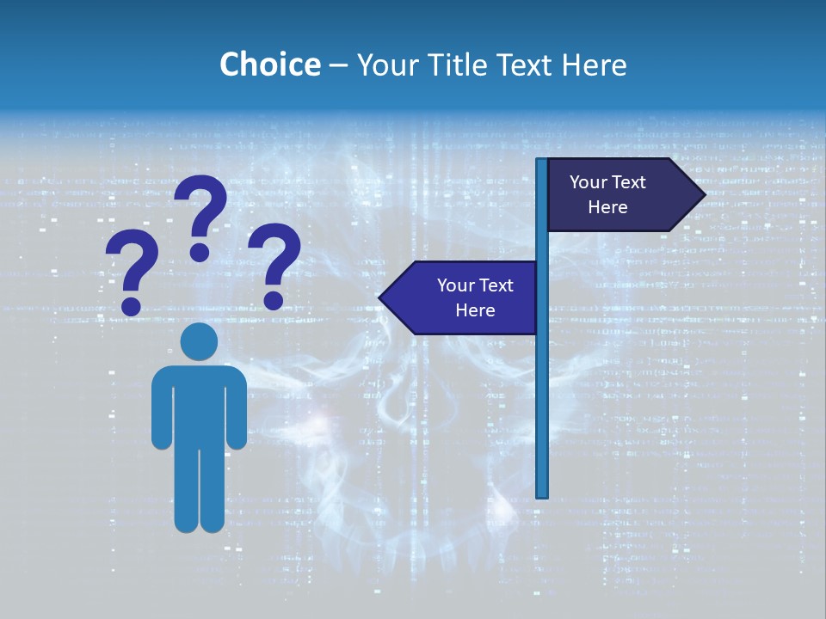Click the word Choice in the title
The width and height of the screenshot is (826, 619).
269,64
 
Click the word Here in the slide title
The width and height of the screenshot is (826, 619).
594,64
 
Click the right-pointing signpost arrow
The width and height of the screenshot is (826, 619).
619,194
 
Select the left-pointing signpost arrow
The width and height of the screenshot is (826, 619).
460,297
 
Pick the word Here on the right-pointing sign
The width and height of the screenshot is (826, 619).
607,207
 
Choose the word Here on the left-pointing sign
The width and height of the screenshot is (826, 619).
475,310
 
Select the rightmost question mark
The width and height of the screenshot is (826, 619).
274,265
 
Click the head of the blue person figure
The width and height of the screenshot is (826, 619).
199,341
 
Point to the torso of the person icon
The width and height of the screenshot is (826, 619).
199,404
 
